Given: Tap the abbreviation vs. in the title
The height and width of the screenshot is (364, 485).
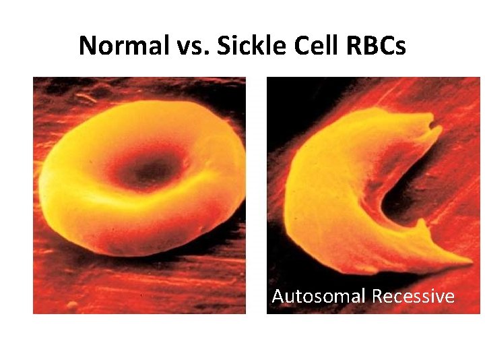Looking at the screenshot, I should coord(186,45).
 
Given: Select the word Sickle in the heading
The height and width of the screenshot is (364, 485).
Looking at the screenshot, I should coord(245,45).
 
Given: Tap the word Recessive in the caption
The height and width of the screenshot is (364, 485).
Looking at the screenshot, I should coord(413,297).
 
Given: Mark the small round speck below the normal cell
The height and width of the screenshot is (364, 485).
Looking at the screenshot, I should coord(72,305).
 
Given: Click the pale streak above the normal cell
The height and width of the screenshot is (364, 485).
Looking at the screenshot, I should coord(86,99).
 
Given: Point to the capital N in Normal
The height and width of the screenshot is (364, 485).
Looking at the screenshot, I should coord(87,45).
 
